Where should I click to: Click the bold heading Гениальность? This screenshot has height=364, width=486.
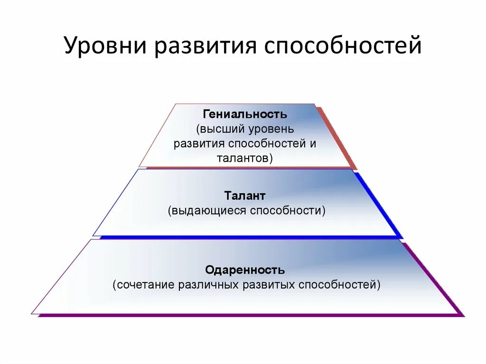coord(245,114)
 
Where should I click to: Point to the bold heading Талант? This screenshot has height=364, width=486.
coord(245,196)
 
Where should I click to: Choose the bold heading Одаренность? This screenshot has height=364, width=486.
coord(245,270)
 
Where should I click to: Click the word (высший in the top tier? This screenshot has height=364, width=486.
coord(219,129)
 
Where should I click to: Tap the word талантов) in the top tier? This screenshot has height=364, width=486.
coord(245,158)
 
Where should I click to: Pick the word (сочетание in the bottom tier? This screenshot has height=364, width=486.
coord(144,285)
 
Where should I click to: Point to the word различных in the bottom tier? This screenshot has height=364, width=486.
coord(209,285)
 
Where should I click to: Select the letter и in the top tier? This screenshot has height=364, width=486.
coord(313,144)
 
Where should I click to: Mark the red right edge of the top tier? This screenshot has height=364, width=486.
coord(337,138)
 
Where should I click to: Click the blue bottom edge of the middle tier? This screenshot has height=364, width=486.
coord(247,237)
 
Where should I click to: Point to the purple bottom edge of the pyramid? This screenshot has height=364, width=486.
coord(247,315)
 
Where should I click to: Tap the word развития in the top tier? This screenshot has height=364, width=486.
coord(198,144)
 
